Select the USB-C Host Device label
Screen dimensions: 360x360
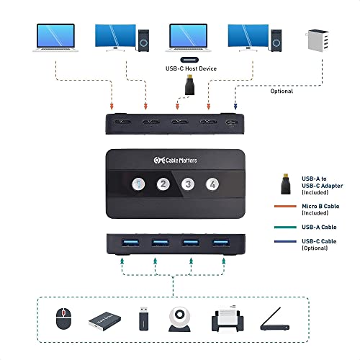189,70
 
